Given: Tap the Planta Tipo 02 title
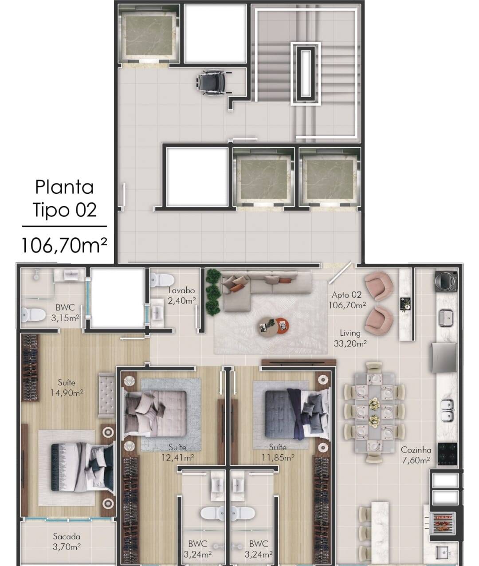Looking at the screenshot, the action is [65, 199].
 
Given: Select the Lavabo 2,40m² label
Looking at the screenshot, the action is [182, 296].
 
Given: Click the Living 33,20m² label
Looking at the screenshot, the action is [350, 338].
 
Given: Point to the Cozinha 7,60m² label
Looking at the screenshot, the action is [416, 456].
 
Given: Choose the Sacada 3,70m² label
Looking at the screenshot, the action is [67, 542].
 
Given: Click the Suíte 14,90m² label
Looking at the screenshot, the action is [67, 388].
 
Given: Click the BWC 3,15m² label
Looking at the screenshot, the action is [65, 312].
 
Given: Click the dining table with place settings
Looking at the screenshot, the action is [375, 413].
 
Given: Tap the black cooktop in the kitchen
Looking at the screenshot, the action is [448, 454].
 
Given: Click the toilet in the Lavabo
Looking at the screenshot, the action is [162, 280].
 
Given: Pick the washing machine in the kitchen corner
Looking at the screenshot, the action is [446, 281].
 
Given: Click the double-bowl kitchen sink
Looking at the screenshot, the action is [447, 410].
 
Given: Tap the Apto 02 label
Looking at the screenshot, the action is [346, 295].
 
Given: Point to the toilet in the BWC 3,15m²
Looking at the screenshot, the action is [33, 314].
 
